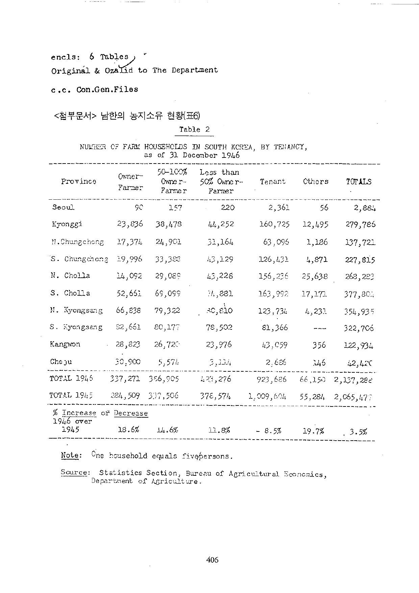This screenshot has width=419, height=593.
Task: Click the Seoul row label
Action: (x=63, y=207)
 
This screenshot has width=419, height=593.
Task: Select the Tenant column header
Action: (x=273, y=182)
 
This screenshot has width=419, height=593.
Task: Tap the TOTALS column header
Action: (x=359, y=182)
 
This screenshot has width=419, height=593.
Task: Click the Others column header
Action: (x=316, y=181)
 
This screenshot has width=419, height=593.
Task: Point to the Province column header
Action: (x=78, y=181)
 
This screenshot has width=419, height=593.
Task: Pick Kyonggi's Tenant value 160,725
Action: (x=274, y=224)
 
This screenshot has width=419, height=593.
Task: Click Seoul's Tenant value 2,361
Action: (x=279, y=207)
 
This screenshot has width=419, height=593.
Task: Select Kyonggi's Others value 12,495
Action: (x=315, y=224)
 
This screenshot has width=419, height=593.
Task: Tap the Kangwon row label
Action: (x=65, y=344)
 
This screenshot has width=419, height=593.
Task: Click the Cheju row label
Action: (x=61, y=362)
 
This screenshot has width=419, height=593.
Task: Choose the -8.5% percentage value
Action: (x=269, y=431)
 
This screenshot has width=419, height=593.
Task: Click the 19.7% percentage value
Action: (x=314, y=431)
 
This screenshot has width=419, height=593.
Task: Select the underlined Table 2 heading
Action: (x=194, y=130)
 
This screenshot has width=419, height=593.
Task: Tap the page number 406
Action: (x=212, y=560)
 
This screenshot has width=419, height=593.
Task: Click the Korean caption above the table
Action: (x=127, y=116)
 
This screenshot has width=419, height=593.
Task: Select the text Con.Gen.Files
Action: (x=107, y=90)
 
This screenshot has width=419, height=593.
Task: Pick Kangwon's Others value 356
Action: (x=319, y=345)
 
